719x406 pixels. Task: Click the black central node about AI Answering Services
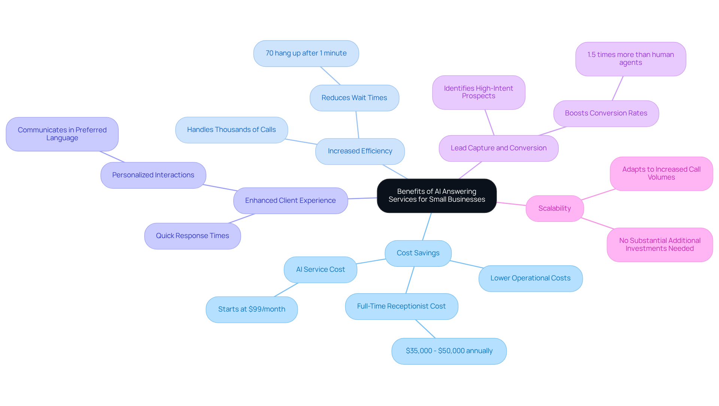[x=437, y=196]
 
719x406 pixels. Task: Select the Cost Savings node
[x=418, y=253]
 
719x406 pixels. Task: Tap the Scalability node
[x=554, y=208]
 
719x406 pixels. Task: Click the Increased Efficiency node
[x=360, y=151]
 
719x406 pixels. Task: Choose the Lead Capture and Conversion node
[x=498, y=148]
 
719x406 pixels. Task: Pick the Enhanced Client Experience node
[x=290, y=201]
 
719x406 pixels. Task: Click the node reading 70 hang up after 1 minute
[x=306, y=54]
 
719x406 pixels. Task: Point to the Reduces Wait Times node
[x=354, y=98]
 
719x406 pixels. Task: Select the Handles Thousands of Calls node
[x=231, y=130]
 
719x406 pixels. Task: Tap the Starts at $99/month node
[x=252, y=310]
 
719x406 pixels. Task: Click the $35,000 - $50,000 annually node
[x=449, y=351]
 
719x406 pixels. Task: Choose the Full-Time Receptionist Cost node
[x=401, y=307]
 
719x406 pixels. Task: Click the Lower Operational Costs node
[x=530, y=279]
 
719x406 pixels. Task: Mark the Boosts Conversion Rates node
[x=606, y=114]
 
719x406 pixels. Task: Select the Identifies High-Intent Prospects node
[x=479, y=93]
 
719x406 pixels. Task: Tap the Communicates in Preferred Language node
[x=62, y=134]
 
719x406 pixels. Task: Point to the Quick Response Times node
[x=192, y=236]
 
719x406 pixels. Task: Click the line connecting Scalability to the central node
[x=511, y=204]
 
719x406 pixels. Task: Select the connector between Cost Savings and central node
[x=427, y=227]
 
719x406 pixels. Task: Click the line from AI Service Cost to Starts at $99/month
[x=286, y=290]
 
